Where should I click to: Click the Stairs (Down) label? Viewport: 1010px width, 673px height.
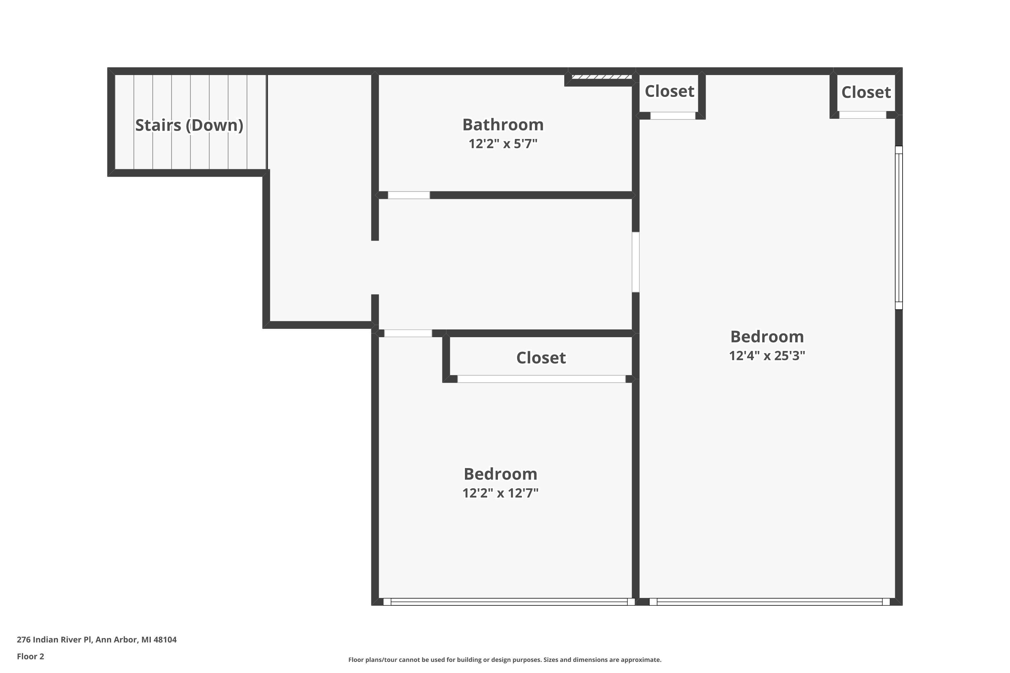pos(189,125)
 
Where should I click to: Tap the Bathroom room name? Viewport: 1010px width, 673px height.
pos(503,125)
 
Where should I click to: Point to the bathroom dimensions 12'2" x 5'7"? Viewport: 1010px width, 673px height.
pos(503,143)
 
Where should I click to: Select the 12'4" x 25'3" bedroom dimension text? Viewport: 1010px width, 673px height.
pos(767,355)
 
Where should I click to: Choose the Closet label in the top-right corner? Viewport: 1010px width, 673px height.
pos(866,92)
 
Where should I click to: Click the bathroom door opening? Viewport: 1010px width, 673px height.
pos(408,195)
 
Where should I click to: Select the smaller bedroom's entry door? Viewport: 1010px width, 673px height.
pos(408,333)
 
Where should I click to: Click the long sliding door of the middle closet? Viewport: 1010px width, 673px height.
pos(541,379)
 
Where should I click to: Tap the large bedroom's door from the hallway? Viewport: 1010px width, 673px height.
pos(636,262)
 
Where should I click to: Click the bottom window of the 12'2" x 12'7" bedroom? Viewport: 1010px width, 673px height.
pos(509,602)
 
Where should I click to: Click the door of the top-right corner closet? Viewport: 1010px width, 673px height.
pos(862,115)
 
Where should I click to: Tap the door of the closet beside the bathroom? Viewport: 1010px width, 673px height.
pos(672,115)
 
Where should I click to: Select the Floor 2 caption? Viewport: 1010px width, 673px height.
pos(31,656)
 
